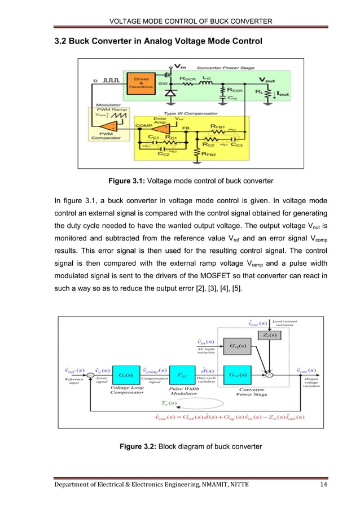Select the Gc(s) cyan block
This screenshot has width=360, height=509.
[122, 375]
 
